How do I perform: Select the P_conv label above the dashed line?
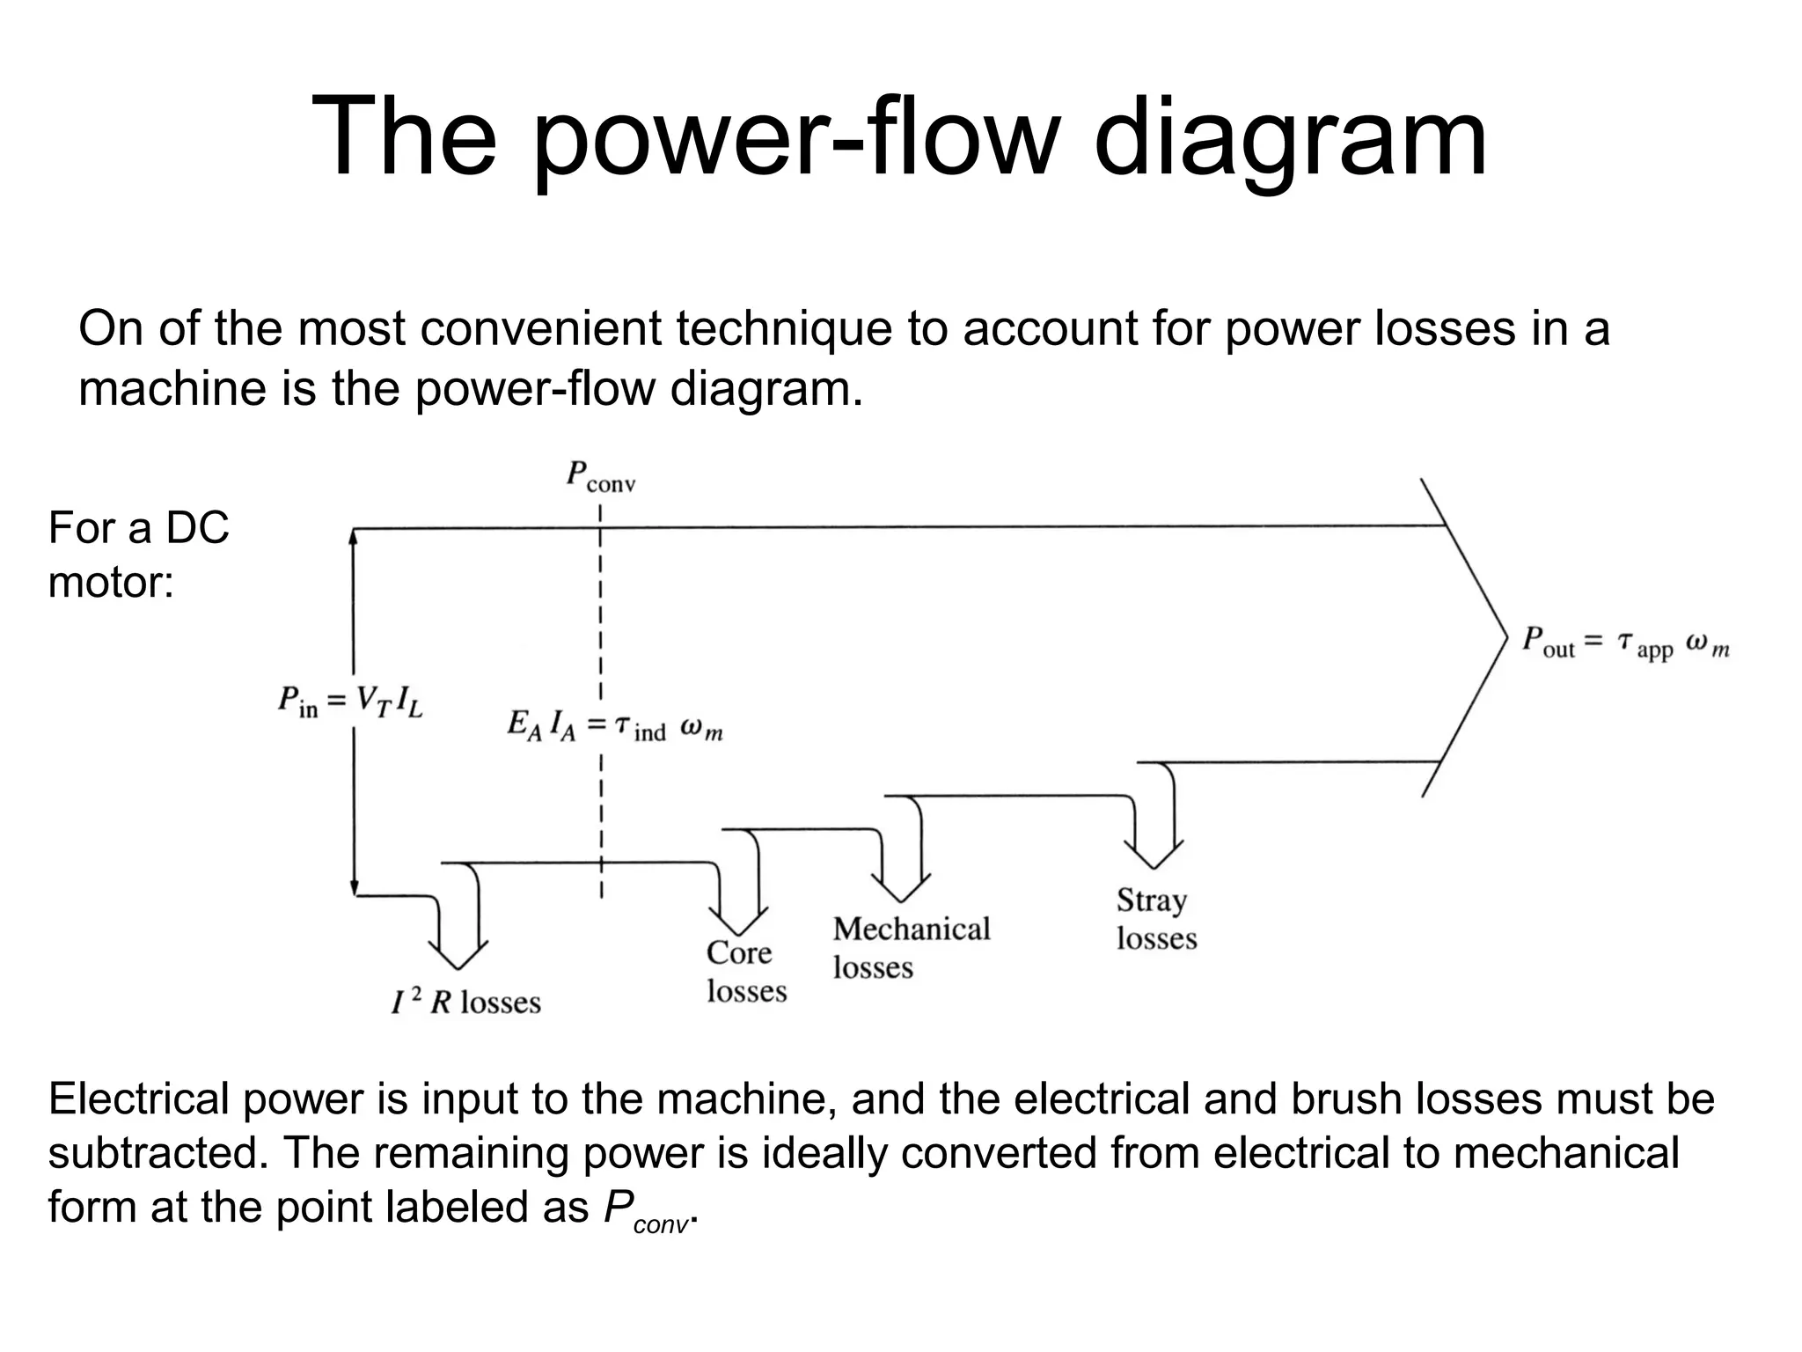600,476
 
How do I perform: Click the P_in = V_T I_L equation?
351,702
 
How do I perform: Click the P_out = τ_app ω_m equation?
1626,643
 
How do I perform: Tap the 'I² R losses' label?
466,1002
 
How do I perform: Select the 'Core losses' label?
745,972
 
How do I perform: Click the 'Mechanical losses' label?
911,948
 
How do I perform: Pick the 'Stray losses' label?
1156,919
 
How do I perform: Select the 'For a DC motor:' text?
138,555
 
